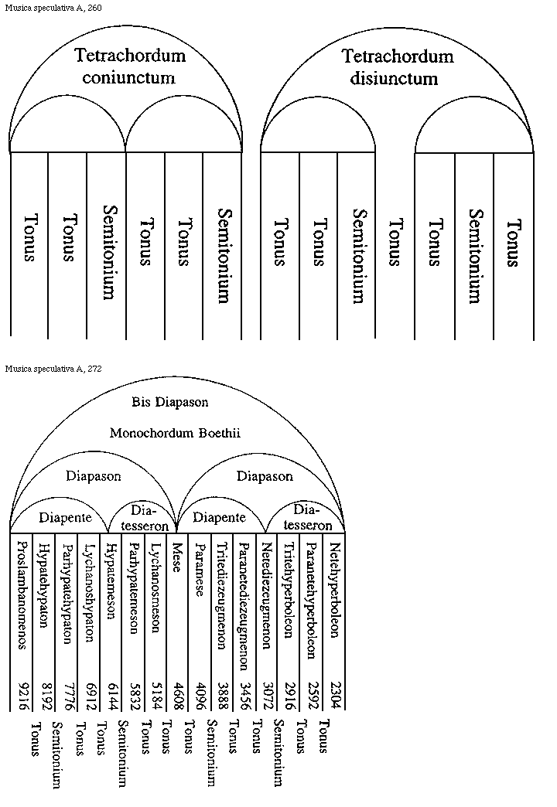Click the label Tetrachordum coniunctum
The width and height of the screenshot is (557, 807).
(131, 66)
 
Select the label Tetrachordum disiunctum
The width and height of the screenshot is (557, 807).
(398, 67)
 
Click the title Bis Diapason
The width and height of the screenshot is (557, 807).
(170, 402)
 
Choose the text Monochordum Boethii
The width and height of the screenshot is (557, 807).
(175, 433)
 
